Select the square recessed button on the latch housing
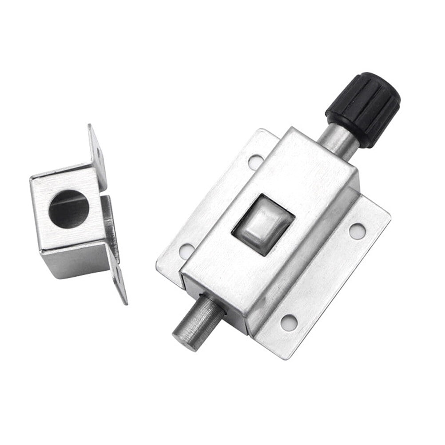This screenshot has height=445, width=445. [263, 225]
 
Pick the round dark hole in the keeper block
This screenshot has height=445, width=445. [69, 209]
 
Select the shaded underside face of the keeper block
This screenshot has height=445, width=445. [75, 262]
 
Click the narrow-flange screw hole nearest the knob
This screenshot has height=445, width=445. [255, 161]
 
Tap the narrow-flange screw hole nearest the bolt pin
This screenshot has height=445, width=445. [187, 250]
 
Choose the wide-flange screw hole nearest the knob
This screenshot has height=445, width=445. [357, 230]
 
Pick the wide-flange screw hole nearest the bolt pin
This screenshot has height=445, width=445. [289, 322]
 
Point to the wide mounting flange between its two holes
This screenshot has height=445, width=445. [324, 275]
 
